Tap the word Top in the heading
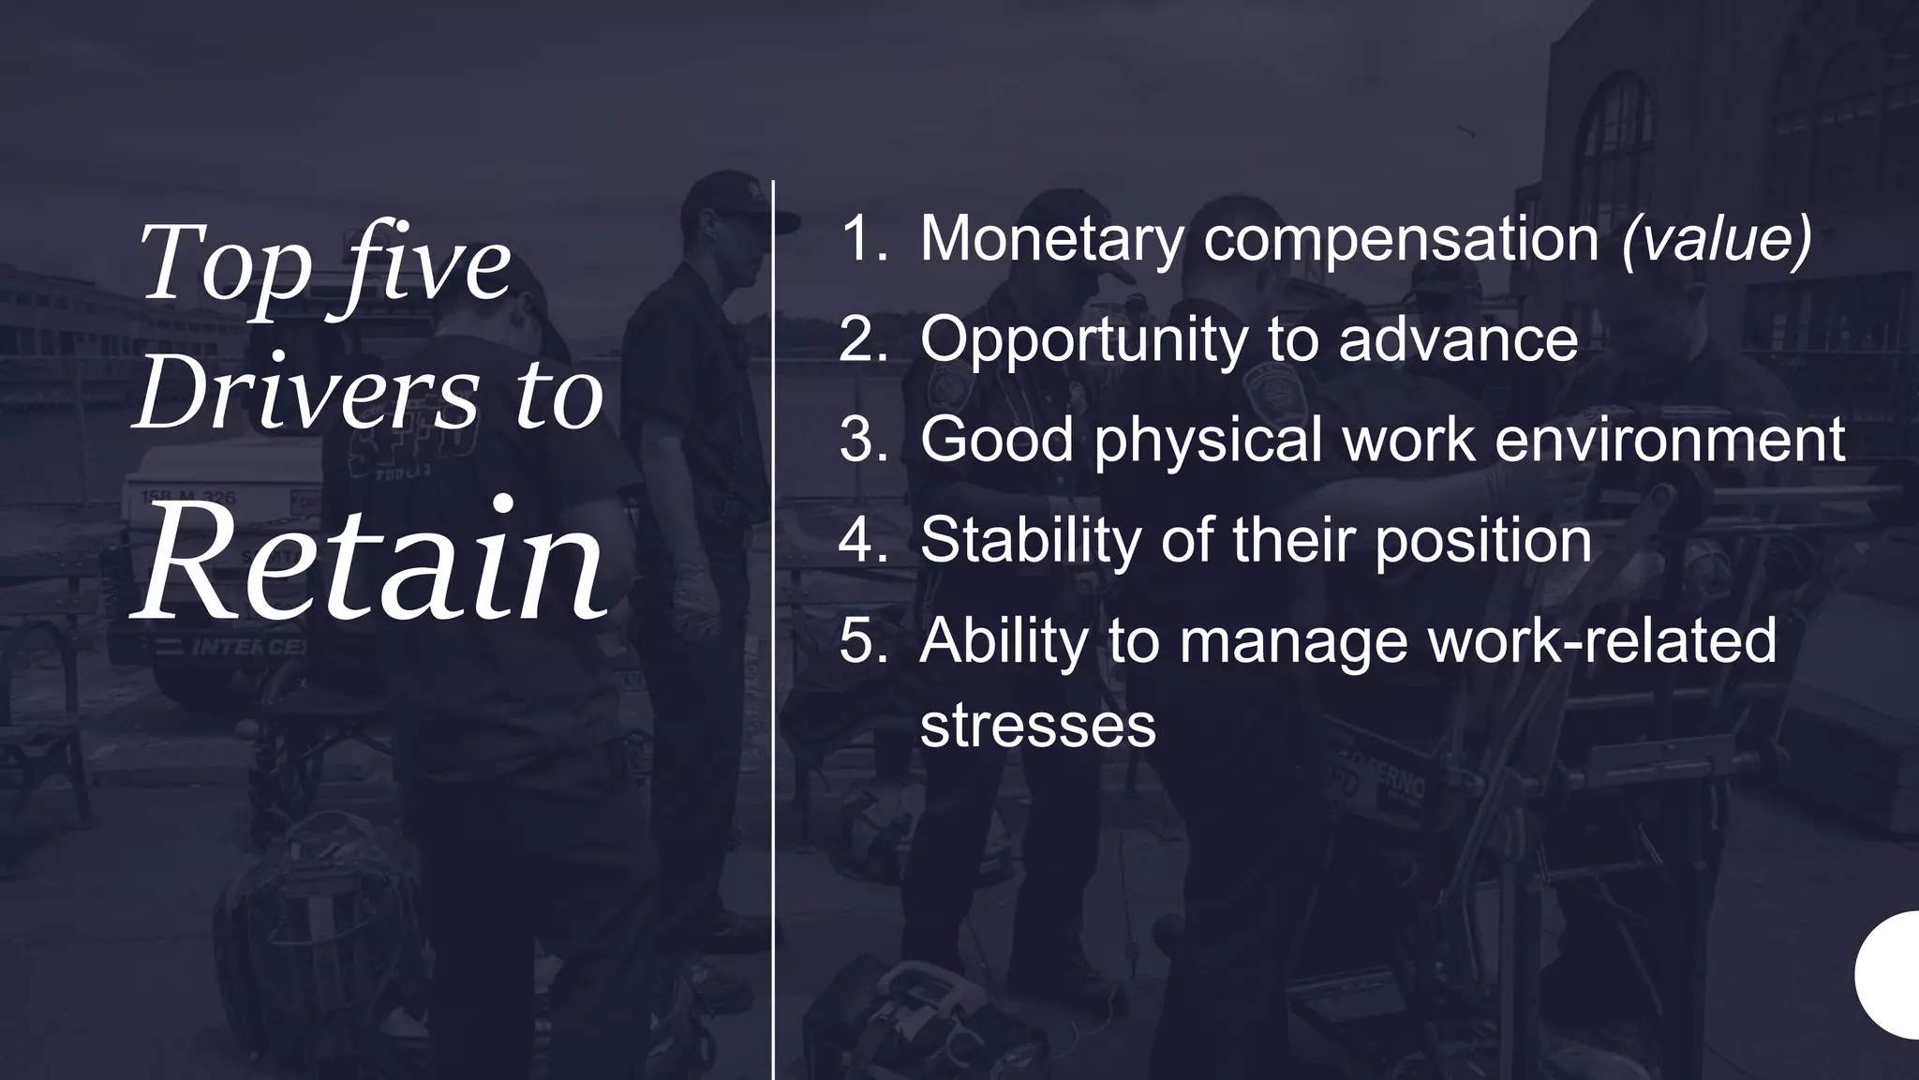point(224,263)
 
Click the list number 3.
point(862,439)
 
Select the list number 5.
point(862,640)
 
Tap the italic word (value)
point(1717,240)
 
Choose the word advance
point(1458,338)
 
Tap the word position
point(1483,542)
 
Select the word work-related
point(1599,640)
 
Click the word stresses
point(1038,725)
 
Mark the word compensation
point(1401,240)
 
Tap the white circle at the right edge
point(1893,975)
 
